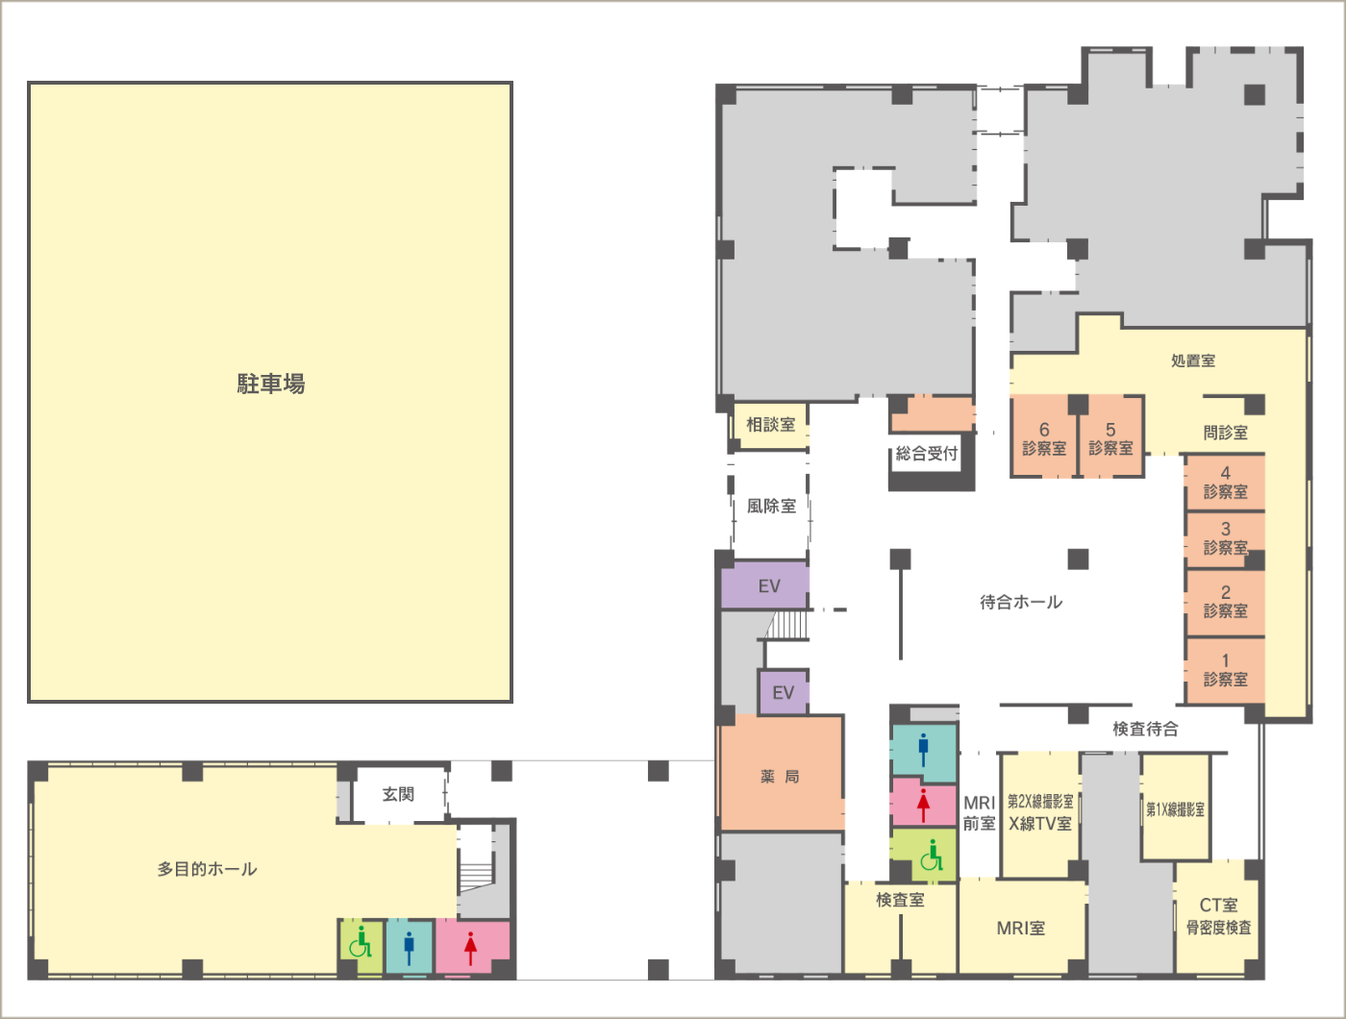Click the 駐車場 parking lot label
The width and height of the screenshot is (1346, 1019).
tap(271, 384)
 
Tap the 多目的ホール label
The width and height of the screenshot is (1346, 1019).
tap(208, 869)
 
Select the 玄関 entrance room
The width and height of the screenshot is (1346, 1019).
tap(399, 795)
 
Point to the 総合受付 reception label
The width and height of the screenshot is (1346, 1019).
tap(927, 454)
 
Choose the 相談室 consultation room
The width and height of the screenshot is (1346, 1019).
tap(770, 424)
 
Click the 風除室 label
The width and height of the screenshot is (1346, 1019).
tap(771, 506)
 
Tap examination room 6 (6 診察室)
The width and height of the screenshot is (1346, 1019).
tap(1044, 436)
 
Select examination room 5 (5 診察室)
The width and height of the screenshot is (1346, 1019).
tap(1110, 436)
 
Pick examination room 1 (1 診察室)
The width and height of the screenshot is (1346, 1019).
tap(1225, 670)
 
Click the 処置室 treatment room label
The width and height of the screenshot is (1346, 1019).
tap(1193, 360)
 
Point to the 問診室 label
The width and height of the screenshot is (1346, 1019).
tap(1225, 433)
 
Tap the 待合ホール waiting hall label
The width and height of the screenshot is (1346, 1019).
tap(1021, 602)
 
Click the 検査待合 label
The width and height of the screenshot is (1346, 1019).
tap(1145, 729)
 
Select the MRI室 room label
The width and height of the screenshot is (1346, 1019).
tap(1021, 929)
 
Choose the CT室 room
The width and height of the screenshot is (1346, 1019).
tap(1218, 916)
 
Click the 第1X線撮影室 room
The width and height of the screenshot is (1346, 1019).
tap(1176, 808)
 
